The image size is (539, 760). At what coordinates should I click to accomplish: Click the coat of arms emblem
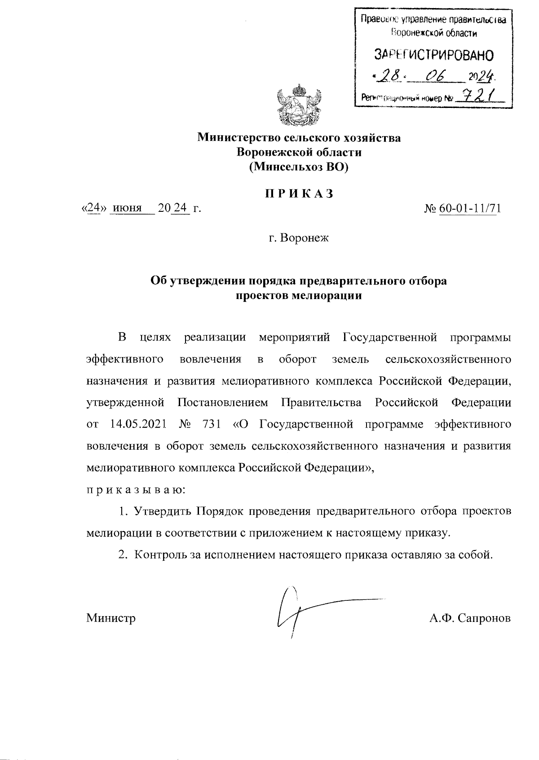pos(299,106)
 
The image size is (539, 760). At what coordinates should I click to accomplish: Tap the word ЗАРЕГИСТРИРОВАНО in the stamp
pos(434,55)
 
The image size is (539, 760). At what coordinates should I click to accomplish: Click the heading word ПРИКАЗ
pos(299,194)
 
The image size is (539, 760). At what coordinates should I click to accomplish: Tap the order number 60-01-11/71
pos(470,208)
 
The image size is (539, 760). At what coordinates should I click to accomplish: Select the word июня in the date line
pos(127,208)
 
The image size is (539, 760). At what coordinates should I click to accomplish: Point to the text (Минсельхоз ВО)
pos(299,167)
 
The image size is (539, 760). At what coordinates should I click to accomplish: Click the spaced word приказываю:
pos(133,490)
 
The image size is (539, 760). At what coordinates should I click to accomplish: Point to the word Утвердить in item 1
pos(161,511)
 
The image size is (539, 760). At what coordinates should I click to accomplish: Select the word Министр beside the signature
pos(111,618)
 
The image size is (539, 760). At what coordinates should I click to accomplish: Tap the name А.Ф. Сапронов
pos(470,618)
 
